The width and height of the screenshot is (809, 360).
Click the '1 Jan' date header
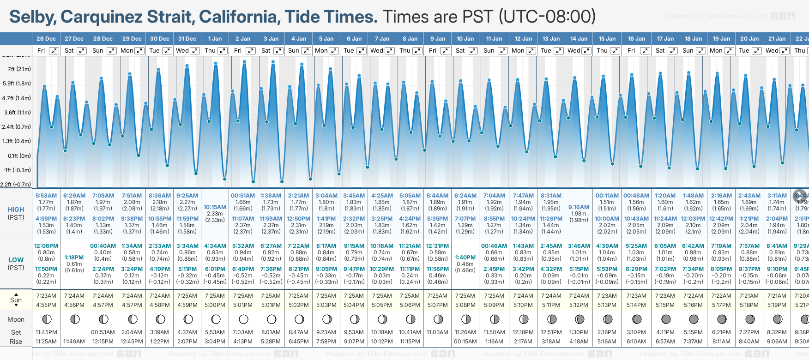tap(215, 39)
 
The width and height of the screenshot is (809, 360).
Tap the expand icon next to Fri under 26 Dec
tap(54, 51)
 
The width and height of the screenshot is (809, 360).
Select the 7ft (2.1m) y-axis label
tap(19, 69)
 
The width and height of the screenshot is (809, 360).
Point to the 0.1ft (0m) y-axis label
tap(19, 156)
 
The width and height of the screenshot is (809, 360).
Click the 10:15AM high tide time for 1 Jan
tap(215, 207)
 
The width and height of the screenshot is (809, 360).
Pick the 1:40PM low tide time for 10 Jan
tap(465, 258)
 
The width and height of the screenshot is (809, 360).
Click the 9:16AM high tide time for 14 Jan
tap(579, 207)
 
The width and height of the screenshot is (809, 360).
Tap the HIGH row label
tap(16, 210)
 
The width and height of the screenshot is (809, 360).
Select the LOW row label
tap(16, 260)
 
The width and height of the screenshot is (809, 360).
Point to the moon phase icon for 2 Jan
tap(243, 319)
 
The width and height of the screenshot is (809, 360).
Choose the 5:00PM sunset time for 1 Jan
tap(215, 305)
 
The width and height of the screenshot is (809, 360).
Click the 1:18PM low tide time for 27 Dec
tap(74, 258)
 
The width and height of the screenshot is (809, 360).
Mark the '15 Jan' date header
tap(607, 39)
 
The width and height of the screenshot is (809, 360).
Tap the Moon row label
tap(16, 319)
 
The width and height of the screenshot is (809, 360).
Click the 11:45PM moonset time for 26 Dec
tap(46, 332)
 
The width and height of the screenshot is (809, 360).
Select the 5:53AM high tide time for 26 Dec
tap(46, 196)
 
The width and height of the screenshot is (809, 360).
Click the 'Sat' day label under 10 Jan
tap(460, 51)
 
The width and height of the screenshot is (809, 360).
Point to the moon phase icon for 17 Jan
tap(666, 319)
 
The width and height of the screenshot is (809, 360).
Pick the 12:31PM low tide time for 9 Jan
tap(437, 246)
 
